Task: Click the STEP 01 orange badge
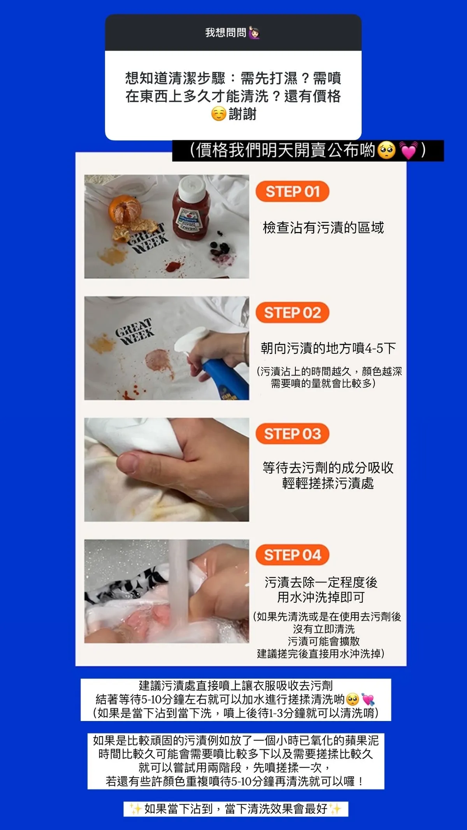292,191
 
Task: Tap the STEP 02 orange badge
292,312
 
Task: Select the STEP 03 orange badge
292,433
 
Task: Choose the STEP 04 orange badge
292,555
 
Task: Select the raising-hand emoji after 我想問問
254,33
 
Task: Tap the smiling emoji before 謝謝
219,114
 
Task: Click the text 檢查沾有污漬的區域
323,228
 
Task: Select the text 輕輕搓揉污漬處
328,483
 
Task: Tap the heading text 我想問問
226,33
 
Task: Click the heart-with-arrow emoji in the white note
368,699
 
